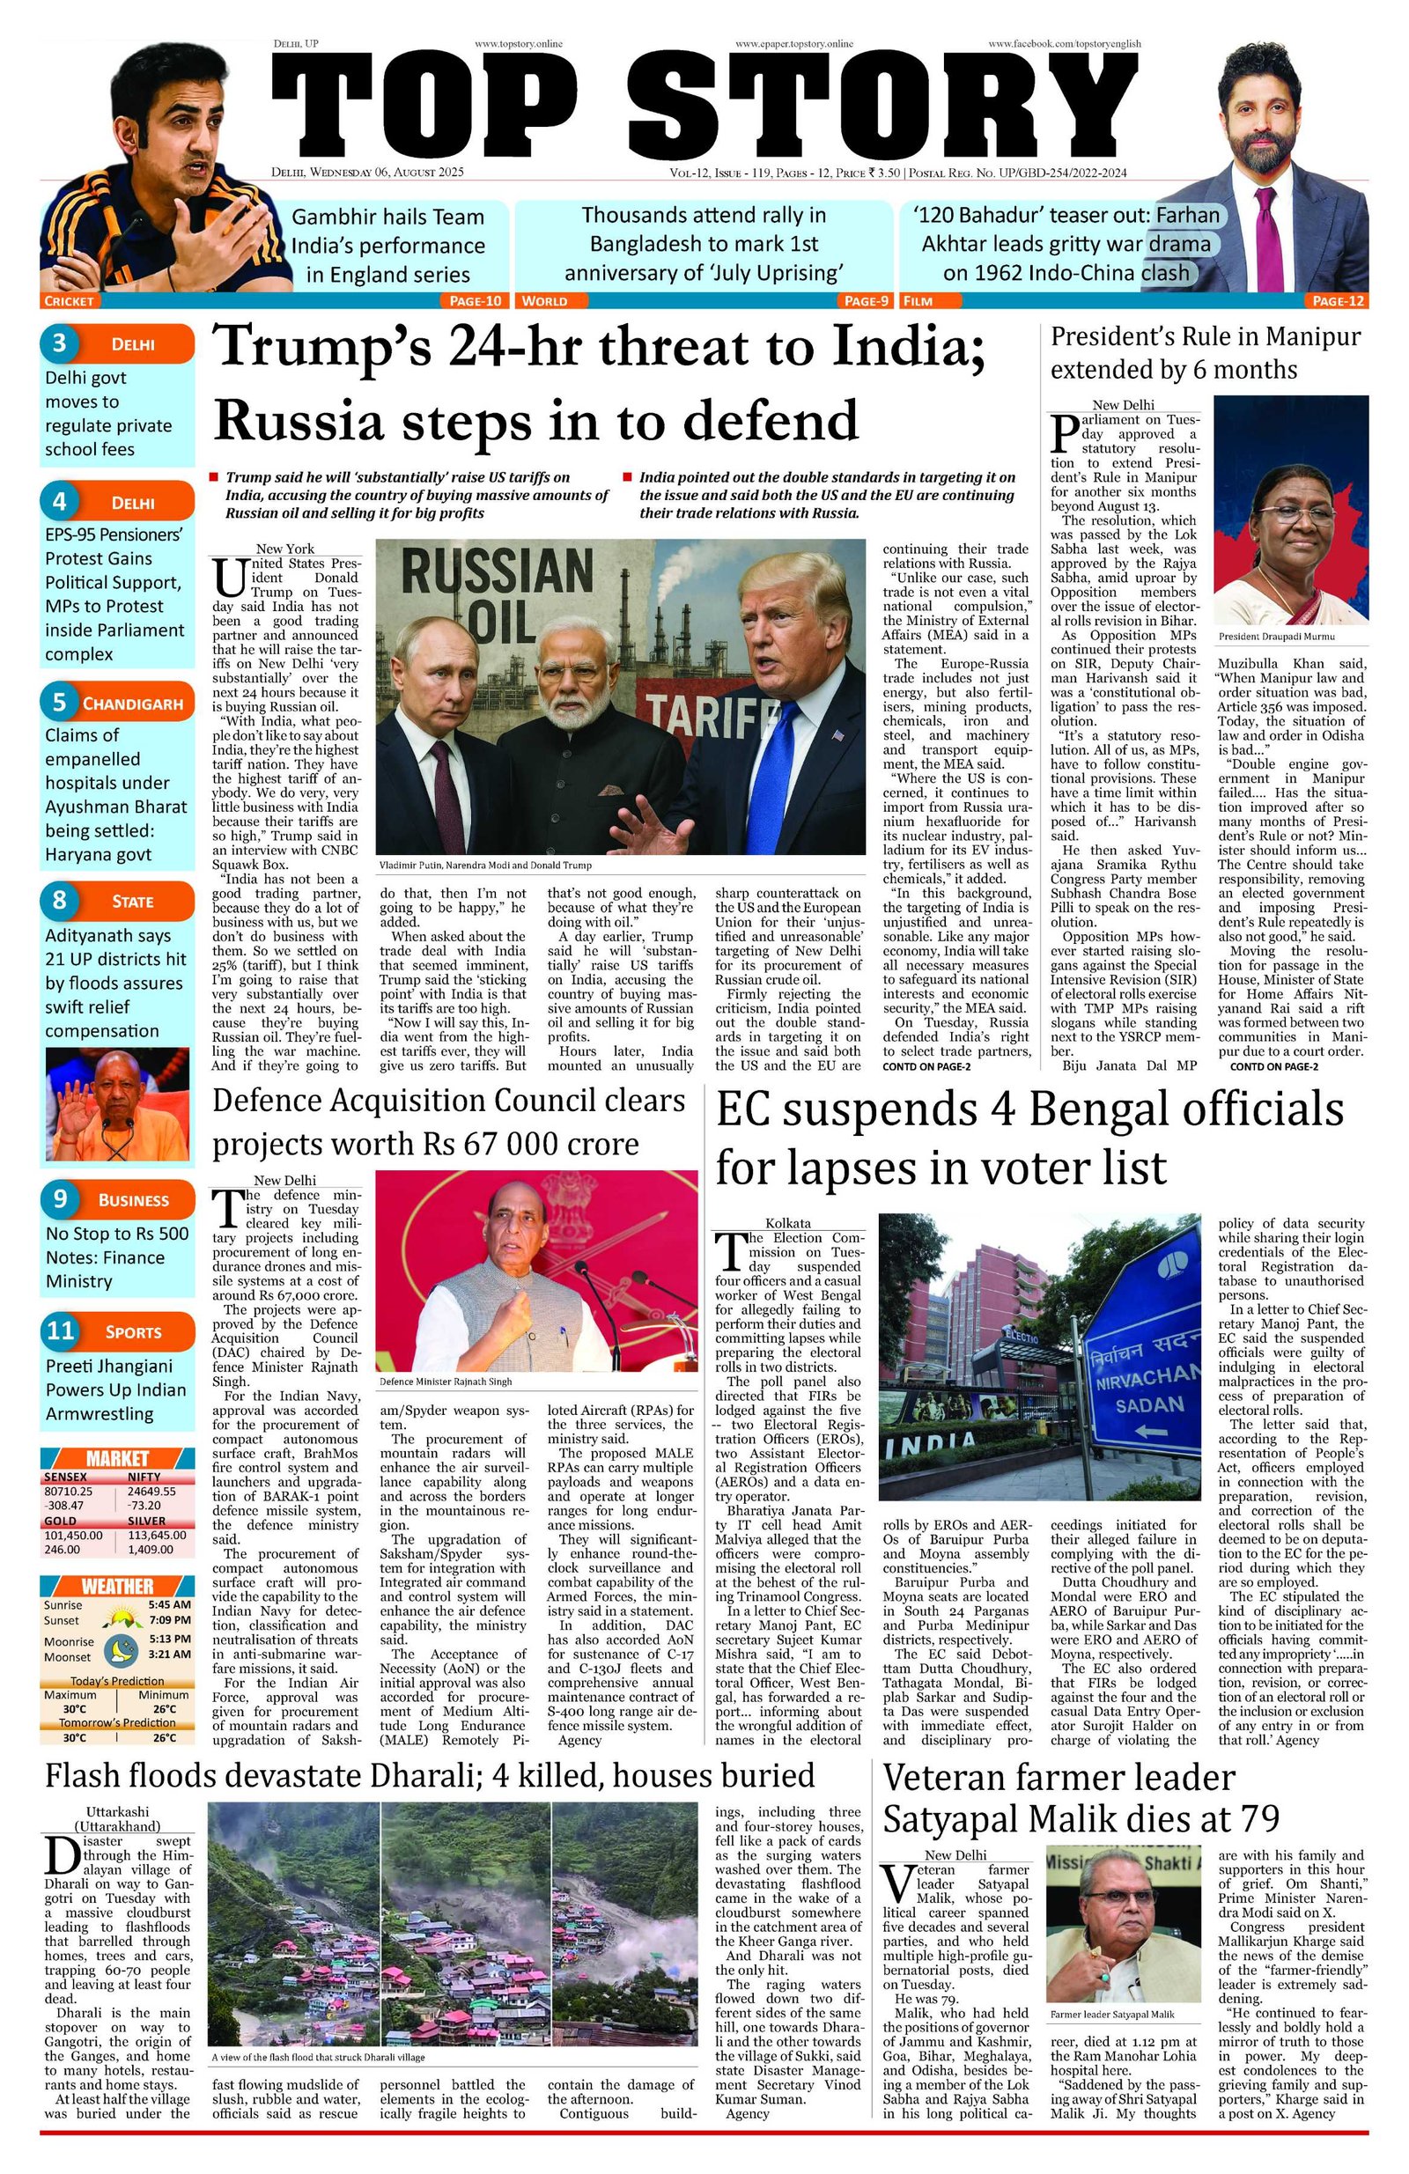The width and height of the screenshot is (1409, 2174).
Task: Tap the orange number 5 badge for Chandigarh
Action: click(59, 703)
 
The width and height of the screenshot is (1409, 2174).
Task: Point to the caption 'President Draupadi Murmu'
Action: click(1276, 636)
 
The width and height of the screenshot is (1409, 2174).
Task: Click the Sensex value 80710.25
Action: click(68, 1490)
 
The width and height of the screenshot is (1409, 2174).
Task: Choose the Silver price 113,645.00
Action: click(156, 1536)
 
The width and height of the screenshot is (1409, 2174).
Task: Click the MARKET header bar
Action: click(117, 1458)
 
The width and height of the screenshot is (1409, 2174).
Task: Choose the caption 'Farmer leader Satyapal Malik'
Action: click(1111, 2014)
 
